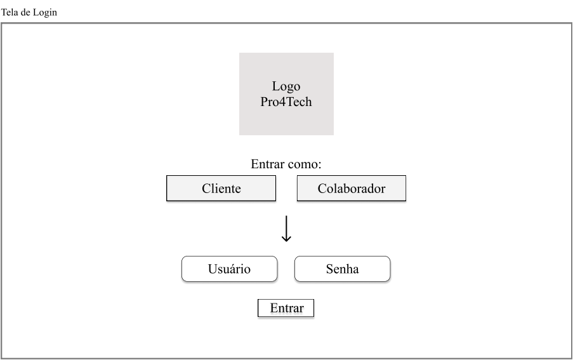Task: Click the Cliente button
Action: pos(221,189)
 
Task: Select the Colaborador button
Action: pos(351,189)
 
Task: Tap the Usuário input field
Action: pos(229,269)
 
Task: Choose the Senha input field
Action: pos(342,269)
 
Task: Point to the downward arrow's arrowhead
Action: pos(286,239)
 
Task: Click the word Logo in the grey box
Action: pos(286,87)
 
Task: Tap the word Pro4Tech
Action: pos(286,102)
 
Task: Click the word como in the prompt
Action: pos(303,164)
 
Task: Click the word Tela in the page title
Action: pos(10,13)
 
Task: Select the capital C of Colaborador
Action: pos(322,189)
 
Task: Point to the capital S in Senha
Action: pos(329,269)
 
